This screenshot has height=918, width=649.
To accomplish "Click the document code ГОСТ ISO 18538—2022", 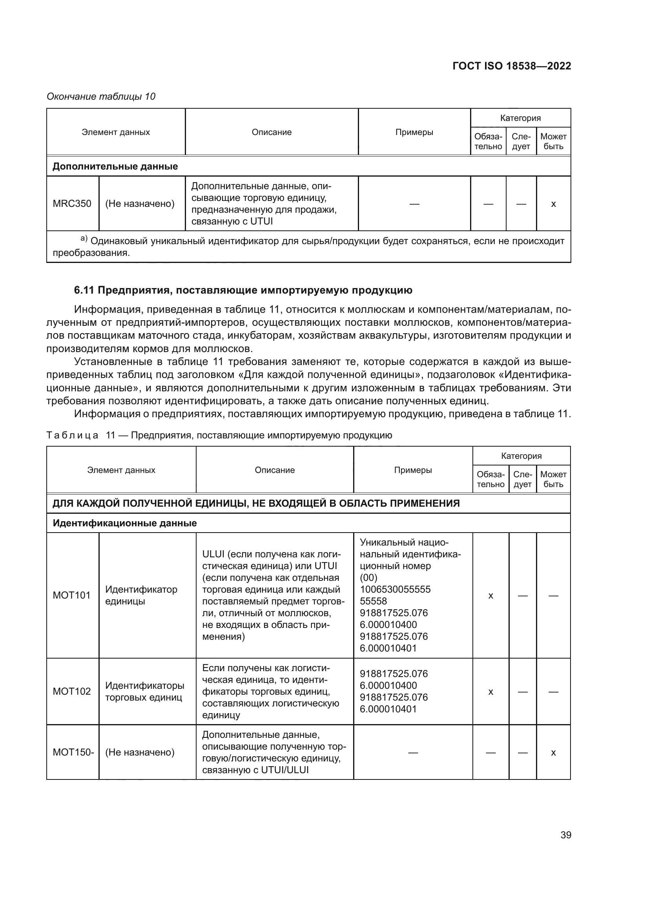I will point(512,66).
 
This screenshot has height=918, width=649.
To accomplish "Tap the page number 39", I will point(565,835).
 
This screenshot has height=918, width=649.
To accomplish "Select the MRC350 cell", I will point(72,204).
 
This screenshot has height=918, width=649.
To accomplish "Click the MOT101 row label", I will point(72,595).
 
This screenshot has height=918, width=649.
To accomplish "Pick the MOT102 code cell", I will point(72,691).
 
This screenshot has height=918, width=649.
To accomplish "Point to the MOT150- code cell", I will point(73,752).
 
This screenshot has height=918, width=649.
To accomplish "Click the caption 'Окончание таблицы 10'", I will point(101,97).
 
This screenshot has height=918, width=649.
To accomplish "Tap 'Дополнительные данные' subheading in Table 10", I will point(115,166).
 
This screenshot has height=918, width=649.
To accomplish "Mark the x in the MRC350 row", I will point(553,204).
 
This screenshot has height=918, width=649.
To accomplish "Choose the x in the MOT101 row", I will point(491,596).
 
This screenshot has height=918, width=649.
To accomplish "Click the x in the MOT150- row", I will point(553,752).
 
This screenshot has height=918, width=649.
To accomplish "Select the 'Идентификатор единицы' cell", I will point(141,595).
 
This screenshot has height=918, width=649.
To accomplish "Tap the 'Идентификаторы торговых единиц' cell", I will point(145,691).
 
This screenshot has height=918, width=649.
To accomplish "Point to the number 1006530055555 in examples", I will point(395,589).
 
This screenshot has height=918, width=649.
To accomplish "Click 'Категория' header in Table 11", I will point(521,456).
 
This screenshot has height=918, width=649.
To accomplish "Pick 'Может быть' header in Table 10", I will point(553,141).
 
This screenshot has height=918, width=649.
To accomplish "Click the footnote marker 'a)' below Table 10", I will point(84,239).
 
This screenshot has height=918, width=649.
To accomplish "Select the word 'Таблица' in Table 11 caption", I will point(72,435).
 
